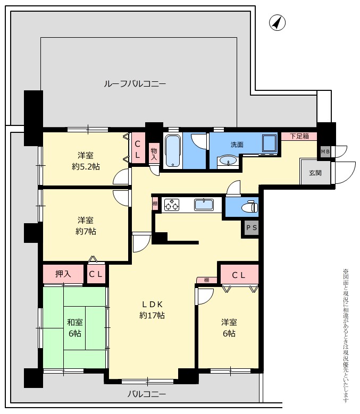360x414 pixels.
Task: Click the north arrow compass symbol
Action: pos(278,23)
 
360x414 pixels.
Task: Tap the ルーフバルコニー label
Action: pos(135,84)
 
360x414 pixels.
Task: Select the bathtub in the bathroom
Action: pos(173,151)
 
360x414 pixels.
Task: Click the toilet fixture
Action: pos(249,207)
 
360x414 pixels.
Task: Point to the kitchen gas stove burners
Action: pos(172,205)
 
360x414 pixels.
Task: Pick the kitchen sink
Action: pos(204,205)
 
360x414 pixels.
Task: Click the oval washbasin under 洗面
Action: pos(229,161)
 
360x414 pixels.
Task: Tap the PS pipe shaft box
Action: pos(251,227)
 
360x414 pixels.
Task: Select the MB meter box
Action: pos(325,152)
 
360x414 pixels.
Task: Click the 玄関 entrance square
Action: pos(315,173)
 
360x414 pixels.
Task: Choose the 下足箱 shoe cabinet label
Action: pos(299,136)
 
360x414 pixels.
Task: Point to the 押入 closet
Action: pos(63,274)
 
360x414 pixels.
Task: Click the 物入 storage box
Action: pos(154,154)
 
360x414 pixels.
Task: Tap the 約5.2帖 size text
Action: pos(86,167)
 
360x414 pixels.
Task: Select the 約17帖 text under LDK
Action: pos(152,315)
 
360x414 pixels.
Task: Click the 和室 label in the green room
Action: pos(75,323)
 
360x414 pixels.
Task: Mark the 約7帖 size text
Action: pos(86,232)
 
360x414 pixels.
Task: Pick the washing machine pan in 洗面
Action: pos(270,143)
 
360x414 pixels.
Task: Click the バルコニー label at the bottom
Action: pos(147,394)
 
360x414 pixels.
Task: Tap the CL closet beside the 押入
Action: pos(96,274)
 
